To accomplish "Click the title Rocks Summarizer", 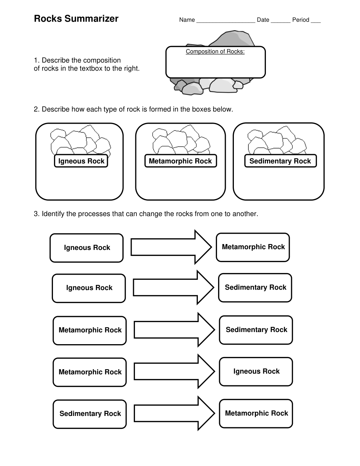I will coord(76,19).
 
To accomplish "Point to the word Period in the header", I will coord(300,20).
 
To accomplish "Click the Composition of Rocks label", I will coord(215,52).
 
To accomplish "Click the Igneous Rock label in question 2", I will coord(81,161).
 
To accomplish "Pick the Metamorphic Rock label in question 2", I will coord(180,161).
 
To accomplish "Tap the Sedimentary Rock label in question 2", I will coord(280,161).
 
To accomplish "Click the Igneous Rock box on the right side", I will coord(256,371).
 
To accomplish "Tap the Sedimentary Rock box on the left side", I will coord(90,414).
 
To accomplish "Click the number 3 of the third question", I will coord(36,214).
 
